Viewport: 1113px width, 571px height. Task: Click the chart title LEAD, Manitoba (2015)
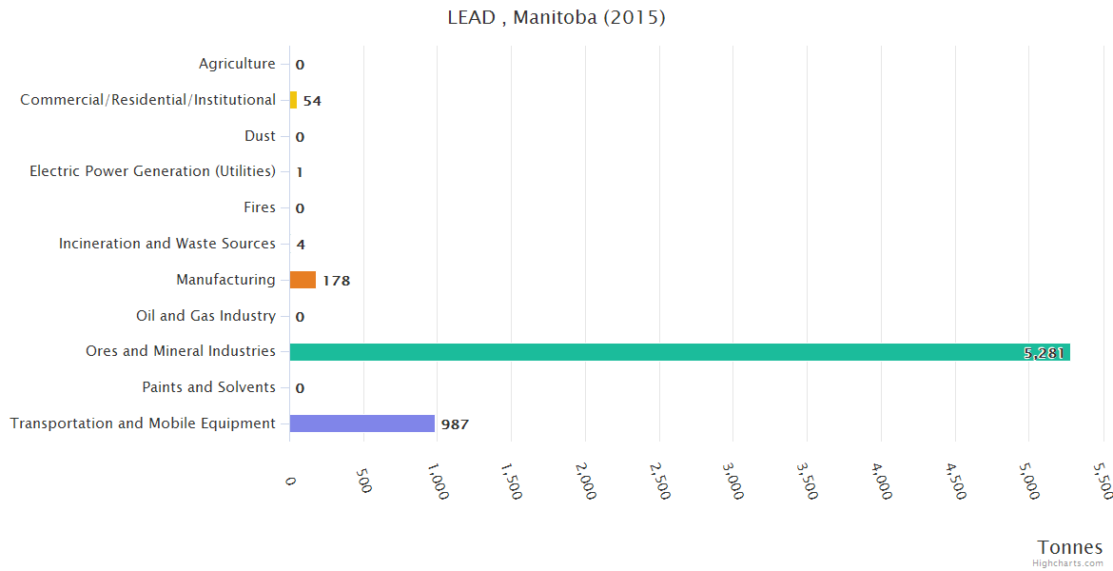coord(556,18)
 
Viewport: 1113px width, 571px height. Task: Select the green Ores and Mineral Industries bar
coord(679,352)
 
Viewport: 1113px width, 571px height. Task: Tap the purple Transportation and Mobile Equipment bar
coord(361,423)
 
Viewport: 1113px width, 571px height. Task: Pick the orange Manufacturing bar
coord(303,280)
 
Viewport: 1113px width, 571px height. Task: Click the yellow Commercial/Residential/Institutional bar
coord(293,100)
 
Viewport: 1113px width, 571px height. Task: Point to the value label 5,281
coord(1044,353)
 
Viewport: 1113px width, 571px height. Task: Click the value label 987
coord(455,424)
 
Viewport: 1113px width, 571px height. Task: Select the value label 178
coord(337,281)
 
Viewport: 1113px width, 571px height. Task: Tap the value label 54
coord(312,101)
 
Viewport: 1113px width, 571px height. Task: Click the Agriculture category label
coord(237,64)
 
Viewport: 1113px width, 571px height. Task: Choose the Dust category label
coord(260,136)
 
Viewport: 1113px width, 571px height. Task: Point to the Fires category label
coord(260,207)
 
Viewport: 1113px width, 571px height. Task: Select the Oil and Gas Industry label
coord(205,316)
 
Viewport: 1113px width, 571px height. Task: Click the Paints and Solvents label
coord(208,387)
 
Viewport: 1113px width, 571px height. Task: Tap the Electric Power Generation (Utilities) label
coord(152,171)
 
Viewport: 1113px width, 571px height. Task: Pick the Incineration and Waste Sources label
coord(167,244)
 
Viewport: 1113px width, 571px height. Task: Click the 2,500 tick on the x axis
coord(657,482)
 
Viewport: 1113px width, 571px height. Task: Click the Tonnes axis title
coord(1070,547)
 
